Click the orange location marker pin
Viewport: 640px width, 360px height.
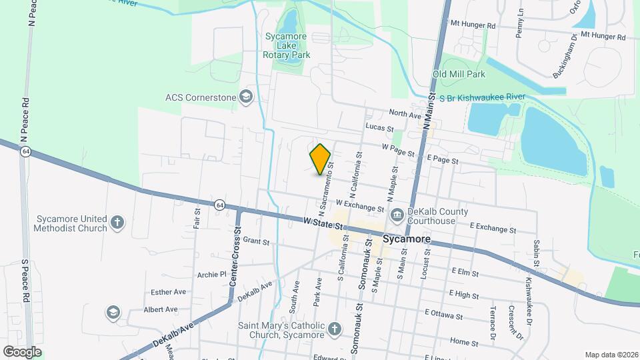(321, 159)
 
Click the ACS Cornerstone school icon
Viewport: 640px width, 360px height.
(246, 97)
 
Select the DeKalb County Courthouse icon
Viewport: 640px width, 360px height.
(397, 214)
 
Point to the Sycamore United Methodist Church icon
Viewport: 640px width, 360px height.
(117, 223)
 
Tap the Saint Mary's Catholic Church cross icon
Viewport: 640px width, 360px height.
(335, 329)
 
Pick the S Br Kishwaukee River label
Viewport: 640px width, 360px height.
(486, 97)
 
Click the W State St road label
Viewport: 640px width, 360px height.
(325, 223)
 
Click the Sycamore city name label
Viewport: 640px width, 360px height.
(406, 239)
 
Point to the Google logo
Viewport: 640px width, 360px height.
(22, 351)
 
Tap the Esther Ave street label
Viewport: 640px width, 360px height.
(168, 292)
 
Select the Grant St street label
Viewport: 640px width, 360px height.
(255, 240)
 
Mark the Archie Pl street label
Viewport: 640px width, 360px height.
(213, 274)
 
